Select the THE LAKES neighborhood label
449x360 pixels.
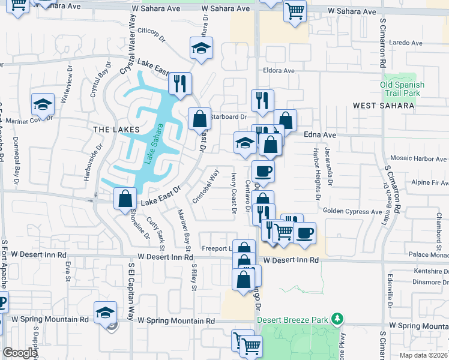click(116, 130)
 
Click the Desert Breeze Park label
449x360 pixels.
click(294, 319)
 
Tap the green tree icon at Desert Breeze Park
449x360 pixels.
click(339, 317)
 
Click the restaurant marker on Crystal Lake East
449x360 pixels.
click(179, 83)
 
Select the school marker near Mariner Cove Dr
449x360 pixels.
click(43, 104)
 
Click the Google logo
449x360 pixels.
click(20, 353)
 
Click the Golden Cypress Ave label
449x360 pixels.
click(352, 211)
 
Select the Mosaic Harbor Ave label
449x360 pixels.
click(418, 158)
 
